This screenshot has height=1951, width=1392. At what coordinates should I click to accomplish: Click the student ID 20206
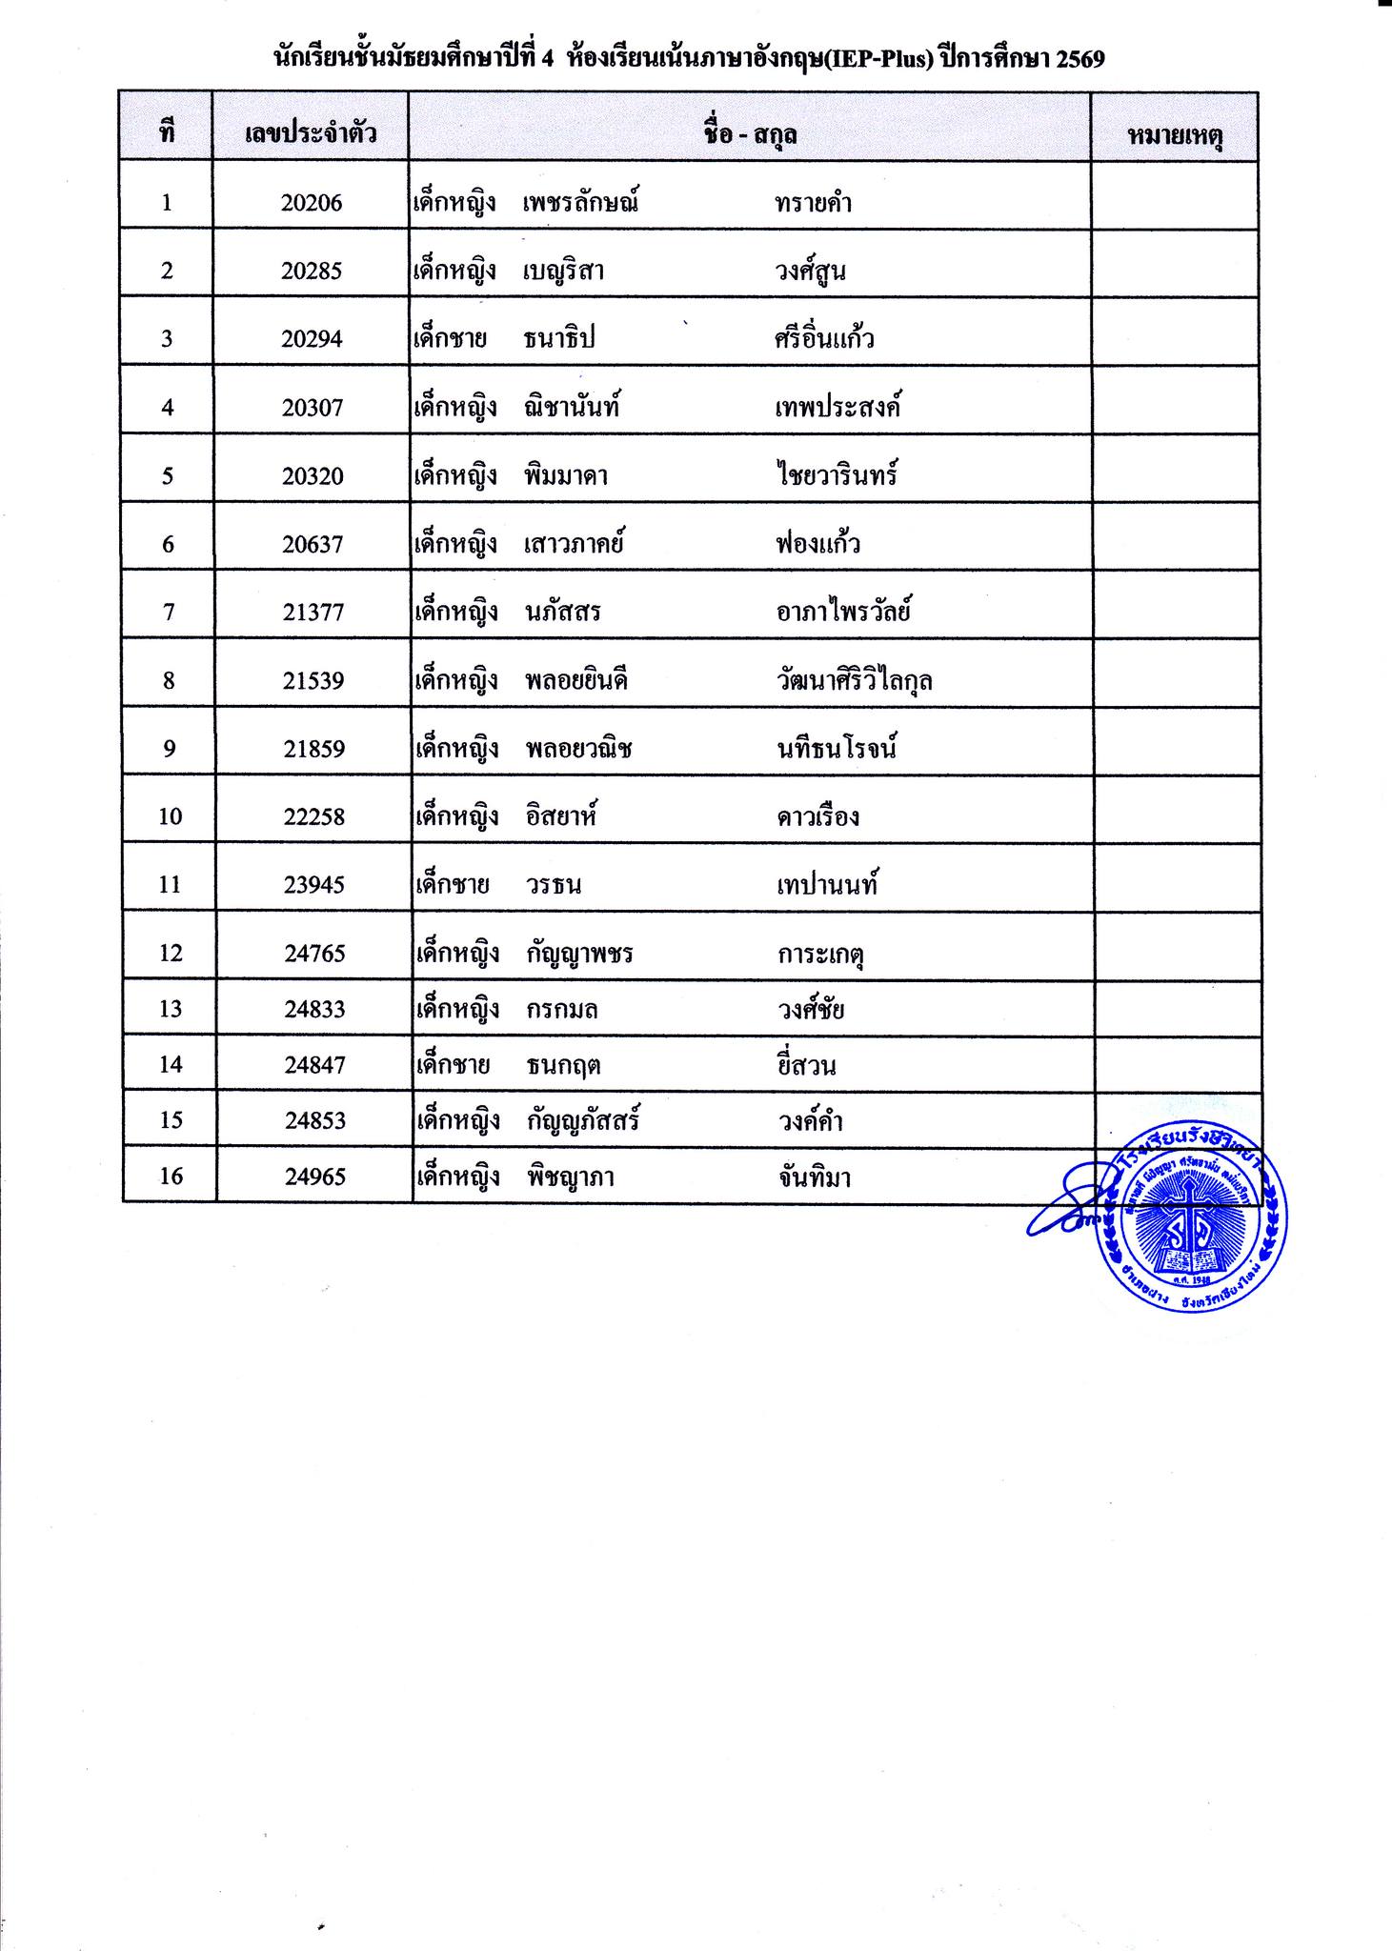tap(312, 203)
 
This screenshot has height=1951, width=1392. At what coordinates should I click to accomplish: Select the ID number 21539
tap(313, 681)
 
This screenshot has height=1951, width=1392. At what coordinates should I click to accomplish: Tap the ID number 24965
tap(314, 1177)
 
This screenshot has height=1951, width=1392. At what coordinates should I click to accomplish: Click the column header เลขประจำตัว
tap(311, 133)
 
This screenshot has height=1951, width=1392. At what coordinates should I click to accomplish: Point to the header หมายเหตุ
tap(1175, 136)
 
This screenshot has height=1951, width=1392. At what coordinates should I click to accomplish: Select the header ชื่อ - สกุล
tap(750, 134)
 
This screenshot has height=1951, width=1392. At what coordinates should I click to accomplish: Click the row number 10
tap(170, 816)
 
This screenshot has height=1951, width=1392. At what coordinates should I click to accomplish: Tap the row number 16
tap(171, 1177)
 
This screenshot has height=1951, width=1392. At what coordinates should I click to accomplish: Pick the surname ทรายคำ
tap(813, 203)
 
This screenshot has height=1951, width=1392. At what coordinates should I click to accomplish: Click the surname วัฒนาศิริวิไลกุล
tap(854, 681)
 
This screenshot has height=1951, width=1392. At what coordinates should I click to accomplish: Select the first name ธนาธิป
tap(559, 339)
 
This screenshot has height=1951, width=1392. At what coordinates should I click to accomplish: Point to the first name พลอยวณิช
tap(578, 749)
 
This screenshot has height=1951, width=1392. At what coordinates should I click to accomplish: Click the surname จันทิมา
tap(814, 1178)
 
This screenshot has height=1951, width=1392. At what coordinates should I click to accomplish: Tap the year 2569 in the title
tap(1079, 59)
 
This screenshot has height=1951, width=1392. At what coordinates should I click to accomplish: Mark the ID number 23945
tap(313, 885)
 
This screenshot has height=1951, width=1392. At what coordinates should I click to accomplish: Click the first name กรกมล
tap(562, 1010)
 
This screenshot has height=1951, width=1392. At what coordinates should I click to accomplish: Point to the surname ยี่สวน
tap(807, 1065)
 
